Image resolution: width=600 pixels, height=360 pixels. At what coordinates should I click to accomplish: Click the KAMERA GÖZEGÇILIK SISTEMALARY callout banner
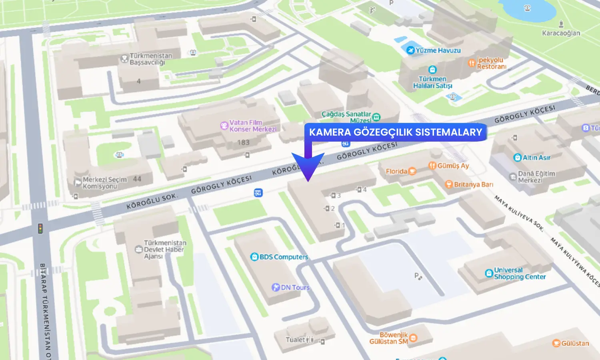[395, 132]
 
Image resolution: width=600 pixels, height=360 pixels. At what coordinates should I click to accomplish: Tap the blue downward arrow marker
[308, 166]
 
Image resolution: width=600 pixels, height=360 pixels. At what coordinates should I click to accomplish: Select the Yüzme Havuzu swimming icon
[410, 50]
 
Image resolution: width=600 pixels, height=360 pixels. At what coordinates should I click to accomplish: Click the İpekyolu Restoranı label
[491, 63]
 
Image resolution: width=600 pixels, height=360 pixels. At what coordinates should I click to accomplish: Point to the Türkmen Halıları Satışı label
[432, 82]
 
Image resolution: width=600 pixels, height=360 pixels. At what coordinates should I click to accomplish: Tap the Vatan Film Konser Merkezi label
[252, 126]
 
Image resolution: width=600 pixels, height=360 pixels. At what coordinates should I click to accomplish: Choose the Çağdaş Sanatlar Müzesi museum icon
[376, 117]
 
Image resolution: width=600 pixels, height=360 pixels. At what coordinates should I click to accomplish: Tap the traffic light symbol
[40, 228]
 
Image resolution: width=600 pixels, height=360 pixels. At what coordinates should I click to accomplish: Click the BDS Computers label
[284, 257]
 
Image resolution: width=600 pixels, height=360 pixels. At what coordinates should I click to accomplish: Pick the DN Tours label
[295, 287]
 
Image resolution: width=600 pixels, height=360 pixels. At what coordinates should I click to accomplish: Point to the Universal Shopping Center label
[519, 273]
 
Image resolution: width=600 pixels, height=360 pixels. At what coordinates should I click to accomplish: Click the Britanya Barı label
[473, 184]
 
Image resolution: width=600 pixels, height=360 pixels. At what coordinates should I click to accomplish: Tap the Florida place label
[396, 171]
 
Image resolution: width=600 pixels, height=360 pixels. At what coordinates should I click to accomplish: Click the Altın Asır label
[536, 158]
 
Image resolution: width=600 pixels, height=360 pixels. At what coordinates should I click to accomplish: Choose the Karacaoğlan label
[561, 33]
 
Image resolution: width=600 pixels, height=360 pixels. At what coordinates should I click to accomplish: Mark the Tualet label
[296, 340]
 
